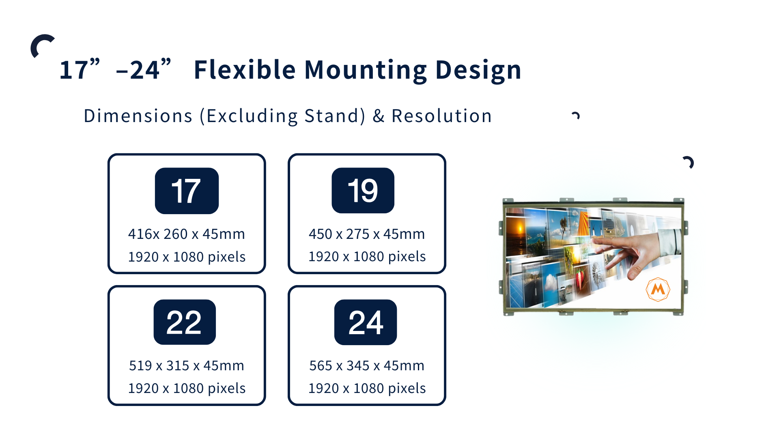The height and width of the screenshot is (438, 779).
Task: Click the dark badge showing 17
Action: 187,191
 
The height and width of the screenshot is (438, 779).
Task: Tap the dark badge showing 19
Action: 363,190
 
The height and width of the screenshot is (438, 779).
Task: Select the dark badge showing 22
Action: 185,322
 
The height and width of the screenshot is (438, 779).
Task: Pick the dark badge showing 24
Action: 366,322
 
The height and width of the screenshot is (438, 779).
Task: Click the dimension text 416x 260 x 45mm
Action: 187,234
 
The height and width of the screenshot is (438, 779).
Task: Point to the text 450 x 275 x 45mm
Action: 367,234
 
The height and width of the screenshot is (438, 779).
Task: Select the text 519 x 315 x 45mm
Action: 187,365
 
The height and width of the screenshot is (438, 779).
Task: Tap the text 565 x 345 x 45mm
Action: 367,365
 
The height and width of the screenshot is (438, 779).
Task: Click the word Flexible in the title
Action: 245,69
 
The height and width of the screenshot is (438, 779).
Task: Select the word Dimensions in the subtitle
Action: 138,116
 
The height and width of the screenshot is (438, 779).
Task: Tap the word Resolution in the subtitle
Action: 441,116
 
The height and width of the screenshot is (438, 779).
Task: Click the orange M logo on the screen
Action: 658,290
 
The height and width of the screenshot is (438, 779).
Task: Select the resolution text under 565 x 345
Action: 367,389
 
